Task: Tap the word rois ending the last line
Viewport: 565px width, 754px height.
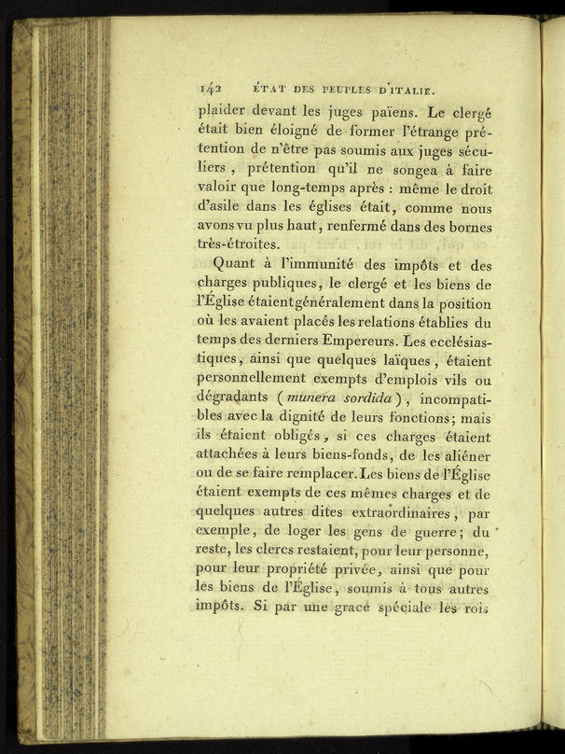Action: (x=472, y=608)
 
